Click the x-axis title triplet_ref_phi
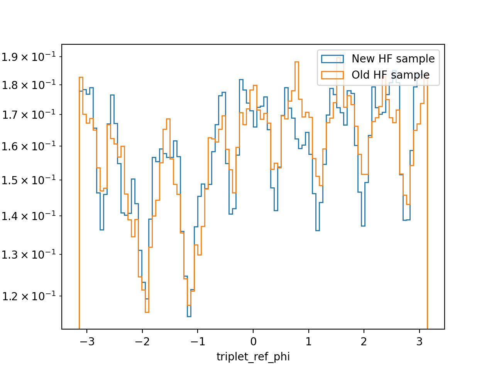pyautogui.click(x=253, y=357)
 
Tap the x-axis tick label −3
pyautogui.click(x=87, y=342)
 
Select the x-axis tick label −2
pyautogui.click(x=142, y=342)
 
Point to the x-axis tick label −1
pyautogui.click(x=198, y=342)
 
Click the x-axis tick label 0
pyautogui.click(x=254, y=342)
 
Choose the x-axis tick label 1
pyautogui.click(x=308, y=342)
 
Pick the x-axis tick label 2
pyautogui.click(x=364, y=342)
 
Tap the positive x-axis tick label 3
pyautogui.click(x=419, y=342)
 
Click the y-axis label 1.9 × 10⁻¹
pyautogui.click(x=29, y=57)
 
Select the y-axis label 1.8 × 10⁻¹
pyautogui.click(x=29, y=85)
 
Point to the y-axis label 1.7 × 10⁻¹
pyautogui.click(x=29, y=114)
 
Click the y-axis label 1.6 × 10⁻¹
pyautogui.click(x=29, y=146)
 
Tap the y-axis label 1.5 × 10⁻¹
pyautogui.click(x=29, y=180)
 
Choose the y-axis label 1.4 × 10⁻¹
pyautogui.click(x=29, y=216)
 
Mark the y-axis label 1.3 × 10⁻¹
pyautogui.click(x=29, y=254)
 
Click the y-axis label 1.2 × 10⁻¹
pyautogui.click(x=29, y=296)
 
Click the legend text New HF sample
pyautogui.click(x=393, y=59)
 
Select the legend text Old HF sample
pyautogui.click(x=391, y=75)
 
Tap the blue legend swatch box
pyautogui.click(x=332, y=59)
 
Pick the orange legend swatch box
pyautogui.click(x=332, y=75)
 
